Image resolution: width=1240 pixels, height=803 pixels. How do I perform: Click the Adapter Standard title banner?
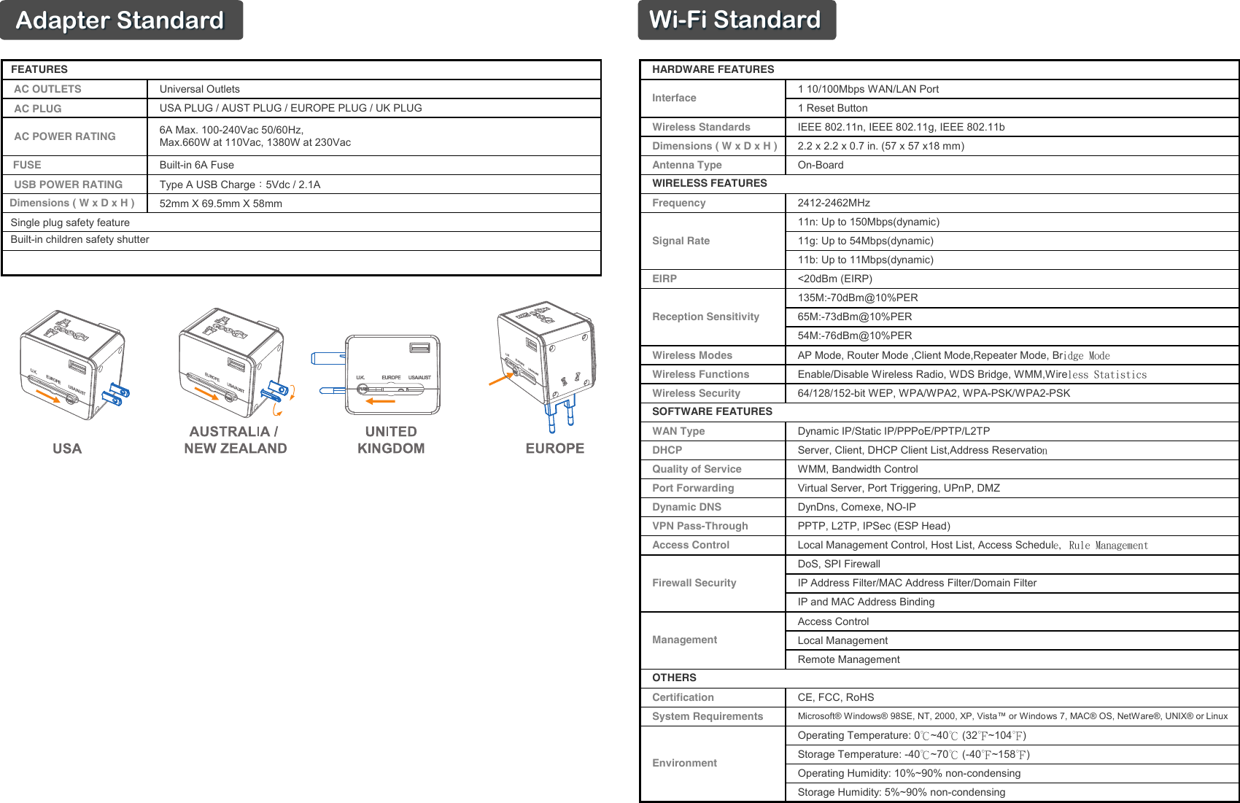coord(120,20)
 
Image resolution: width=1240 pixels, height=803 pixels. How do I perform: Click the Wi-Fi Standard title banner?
coord(735,20)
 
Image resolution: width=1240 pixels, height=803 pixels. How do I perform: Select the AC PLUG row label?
coord(38,109)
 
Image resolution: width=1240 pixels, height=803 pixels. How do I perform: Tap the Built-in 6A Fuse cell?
coord(197,165)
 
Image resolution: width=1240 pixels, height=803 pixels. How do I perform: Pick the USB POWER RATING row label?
coord(69,185)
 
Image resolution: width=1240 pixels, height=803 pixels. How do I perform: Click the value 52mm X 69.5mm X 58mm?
coord(220,203)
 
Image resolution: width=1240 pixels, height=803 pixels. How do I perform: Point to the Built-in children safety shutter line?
coord(80,240)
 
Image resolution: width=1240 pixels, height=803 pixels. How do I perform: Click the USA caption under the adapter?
coord(67,449)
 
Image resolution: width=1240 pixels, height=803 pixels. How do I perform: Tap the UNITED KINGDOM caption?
coord(391,440)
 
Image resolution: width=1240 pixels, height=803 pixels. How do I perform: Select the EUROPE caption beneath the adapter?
coord(555,449)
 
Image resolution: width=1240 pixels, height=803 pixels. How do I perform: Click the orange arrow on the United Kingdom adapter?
coord(380,400)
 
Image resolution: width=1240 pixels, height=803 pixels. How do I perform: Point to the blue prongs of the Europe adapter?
coord(560,415)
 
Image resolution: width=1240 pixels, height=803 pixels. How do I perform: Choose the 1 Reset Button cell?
coord(832,108)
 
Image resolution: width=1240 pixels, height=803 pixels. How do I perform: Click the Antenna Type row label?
coord(687,165)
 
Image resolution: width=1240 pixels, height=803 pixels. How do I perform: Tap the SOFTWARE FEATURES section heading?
coord(712,411)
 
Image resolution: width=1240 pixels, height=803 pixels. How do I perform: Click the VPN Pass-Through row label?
coord(700,526)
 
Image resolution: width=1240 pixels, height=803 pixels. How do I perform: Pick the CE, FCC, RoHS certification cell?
coord(836,697)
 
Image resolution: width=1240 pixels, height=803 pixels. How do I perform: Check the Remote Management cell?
coord(848,659)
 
